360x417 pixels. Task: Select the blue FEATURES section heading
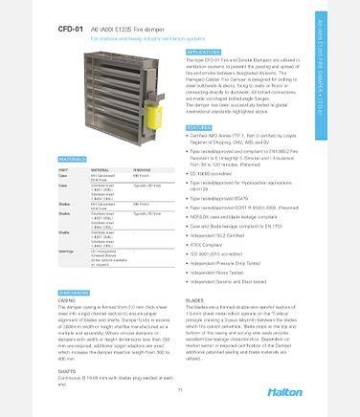pos(198,127)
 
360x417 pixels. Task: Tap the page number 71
pos(179,390)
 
